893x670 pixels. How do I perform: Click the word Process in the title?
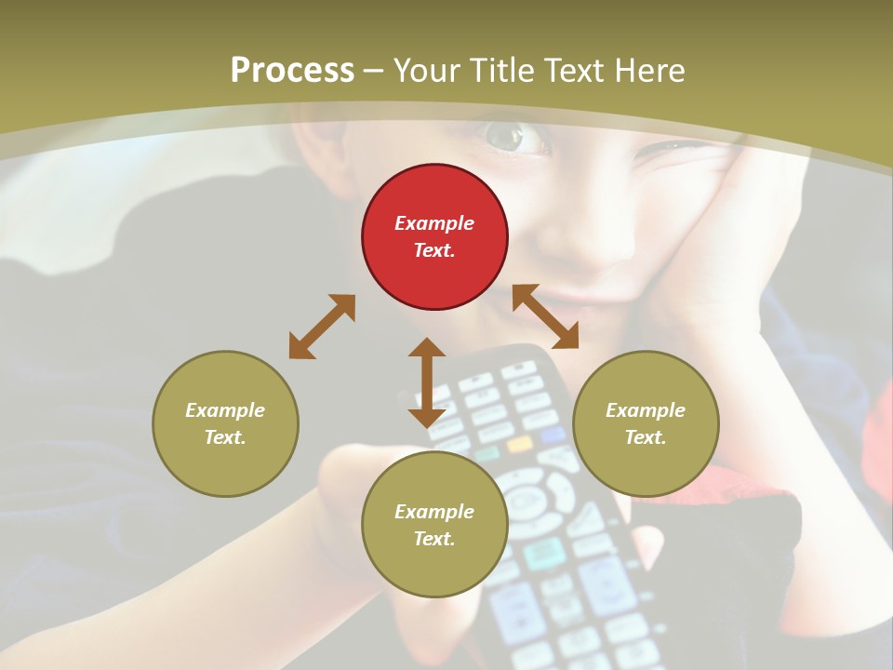coord(292,71)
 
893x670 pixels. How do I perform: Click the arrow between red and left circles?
coord(322,327)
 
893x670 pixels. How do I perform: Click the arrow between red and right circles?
coord(545,316)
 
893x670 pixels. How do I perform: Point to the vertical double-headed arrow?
coord(427,382)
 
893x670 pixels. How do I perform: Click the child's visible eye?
coord(507,138)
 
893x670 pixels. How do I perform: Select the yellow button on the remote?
coord(519,444)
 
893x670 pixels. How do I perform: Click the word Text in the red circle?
coord(434,250)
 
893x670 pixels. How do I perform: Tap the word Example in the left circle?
coord(225,410)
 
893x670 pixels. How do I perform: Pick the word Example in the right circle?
coord(646,410)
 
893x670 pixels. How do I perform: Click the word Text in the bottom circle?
coord(434,539)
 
